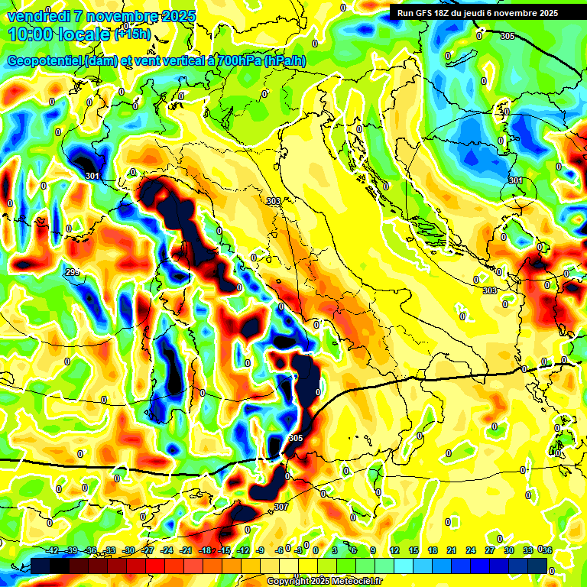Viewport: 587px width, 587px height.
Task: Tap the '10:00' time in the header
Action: (x=30, y=34)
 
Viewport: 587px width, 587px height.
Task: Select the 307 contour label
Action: (x=281, y=507)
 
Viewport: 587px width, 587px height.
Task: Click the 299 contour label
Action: (x=73, y=273)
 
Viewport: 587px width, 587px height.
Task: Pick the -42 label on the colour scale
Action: (x=52, y=550)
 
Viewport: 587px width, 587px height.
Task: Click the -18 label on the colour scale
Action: (x=205, y=550)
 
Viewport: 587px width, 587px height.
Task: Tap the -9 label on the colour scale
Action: (x=260, y=550)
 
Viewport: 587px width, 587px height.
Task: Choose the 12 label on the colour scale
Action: (x=394, y=550)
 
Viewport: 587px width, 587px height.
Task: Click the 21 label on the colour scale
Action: (x=451, y=550)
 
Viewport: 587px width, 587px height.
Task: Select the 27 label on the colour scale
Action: (x=489, y=550)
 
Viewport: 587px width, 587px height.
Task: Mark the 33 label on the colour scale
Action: (x=527, y=550)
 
